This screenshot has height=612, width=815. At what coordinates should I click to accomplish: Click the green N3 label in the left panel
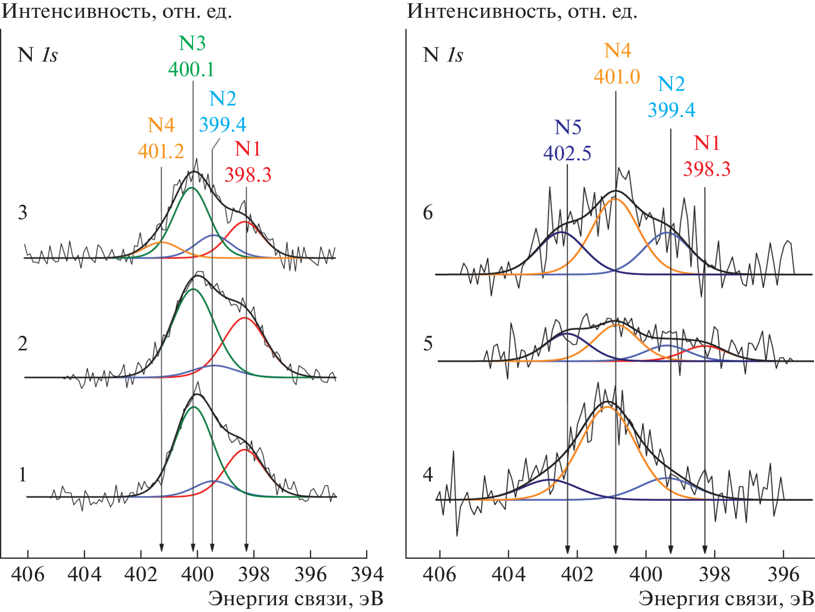pos(192,43)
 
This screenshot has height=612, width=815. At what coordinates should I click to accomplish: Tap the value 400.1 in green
pos(191,69)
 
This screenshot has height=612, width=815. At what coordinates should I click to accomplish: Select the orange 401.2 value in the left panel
pos(161,151)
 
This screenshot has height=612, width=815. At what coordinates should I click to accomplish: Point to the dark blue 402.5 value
pos(567,154)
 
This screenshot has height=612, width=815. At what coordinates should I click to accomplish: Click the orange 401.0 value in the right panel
pos(617,77)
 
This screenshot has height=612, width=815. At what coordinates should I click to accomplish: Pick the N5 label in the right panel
pos(568,127)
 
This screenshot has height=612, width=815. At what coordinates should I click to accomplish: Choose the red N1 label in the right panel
pos(706,143)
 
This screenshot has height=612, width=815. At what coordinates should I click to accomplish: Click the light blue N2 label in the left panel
pos(222,99)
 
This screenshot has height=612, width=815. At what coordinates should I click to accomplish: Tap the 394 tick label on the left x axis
pos(367,574)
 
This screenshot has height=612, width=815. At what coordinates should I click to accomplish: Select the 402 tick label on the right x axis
pos(577,574)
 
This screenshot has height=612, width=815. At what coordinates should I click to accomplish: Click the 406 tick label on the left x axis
pos(28,574)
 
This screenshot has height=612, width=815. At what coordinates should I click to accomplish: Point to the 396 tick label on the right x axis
pos(784,574)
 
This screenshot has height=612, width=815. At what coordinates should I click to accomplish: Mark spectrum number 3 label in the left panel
pos(22,213)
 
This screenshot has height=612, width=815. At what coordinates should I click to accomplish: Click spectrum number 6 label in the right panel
pos(428,213)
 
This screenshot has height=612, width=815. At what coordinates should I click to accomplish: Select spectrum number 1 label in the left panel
pos(22,475)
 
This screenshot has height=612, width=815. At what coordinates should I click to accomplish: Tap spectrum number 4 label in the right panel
pos(428,475)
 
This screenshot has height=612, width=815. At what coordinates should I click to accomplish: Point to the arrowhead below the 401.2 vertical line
pos(161,547)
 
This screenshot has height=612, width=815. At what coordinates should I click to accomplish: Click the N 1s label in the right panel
pos(443,55)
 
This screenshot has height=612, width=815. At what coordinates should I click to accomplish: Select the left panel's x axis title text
pos(296,599)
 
